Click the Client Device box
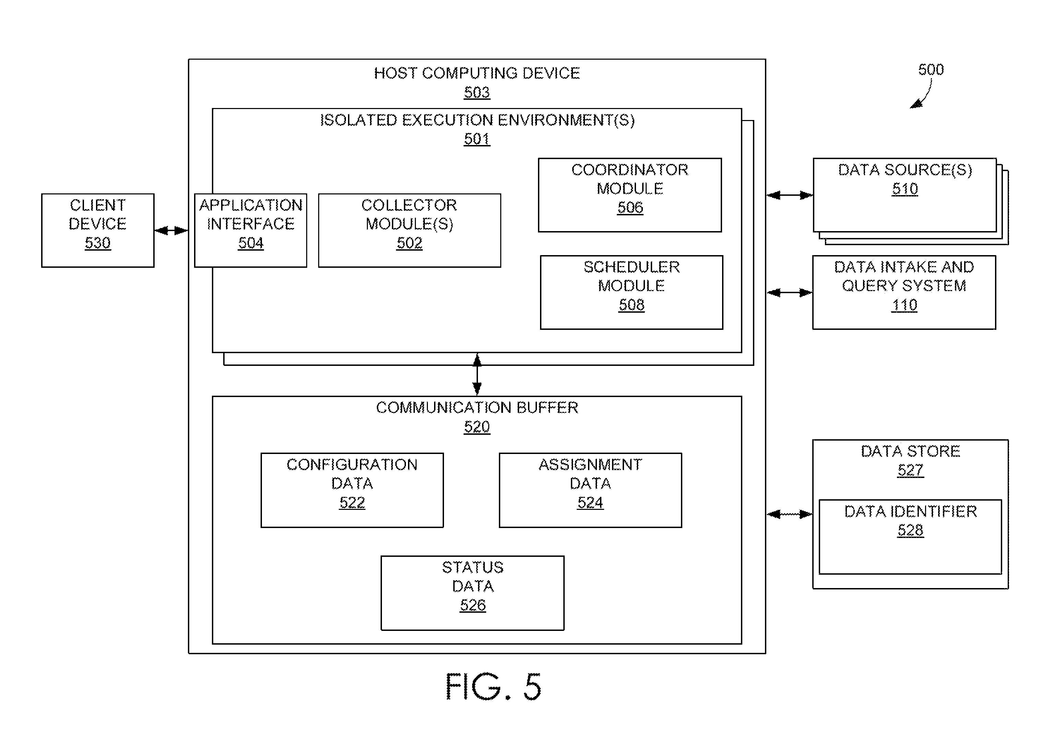(x=98, y=230)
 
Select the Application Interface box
(x=250, y=230)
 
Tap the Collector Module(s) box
(x=409, y=230)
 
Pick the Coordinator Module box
(x=630, y=195)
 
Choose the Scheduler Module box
(x=631, y=292)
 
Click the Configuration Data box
(x=352, y=490)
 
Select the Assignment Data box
(x=590, y=490)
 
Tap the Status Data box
(x=472, y=593)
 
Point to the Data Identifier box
(x=910, y=537)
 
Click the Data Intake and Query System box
(x=904, y=292)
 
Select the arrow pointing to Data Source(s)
(x=789, y=195)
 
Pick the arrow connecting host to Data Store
(x=789, y=514)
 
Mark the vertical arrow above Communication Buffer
(x=477, y=374)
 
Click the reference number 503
(x=477, y=92)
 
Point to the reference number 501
(x=477, y=139)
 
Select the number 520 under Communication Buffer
(x=477, y=427)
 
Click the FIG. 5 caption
(x=493, y=687)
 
